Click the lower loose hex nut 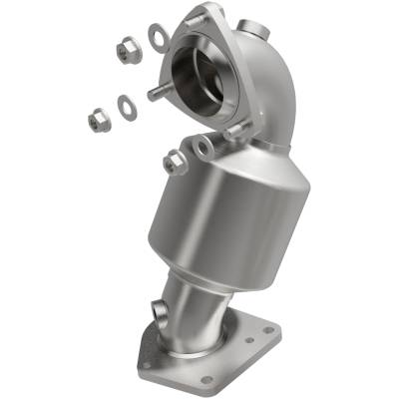[x=100, y=120]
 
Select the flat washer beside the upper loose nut [x=158, y=37]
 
